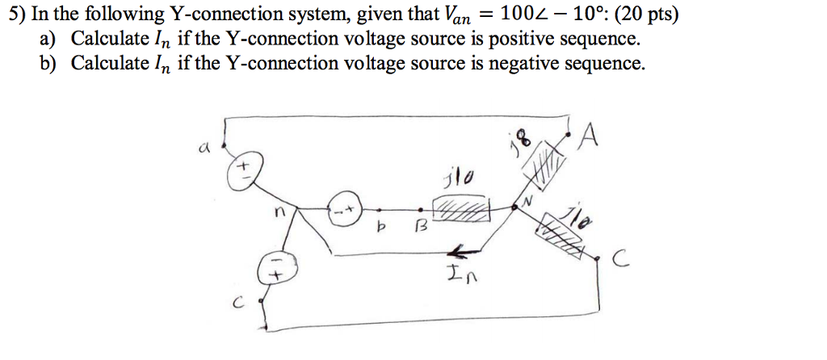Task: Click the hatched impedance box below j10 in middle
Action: coord(463,211)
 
